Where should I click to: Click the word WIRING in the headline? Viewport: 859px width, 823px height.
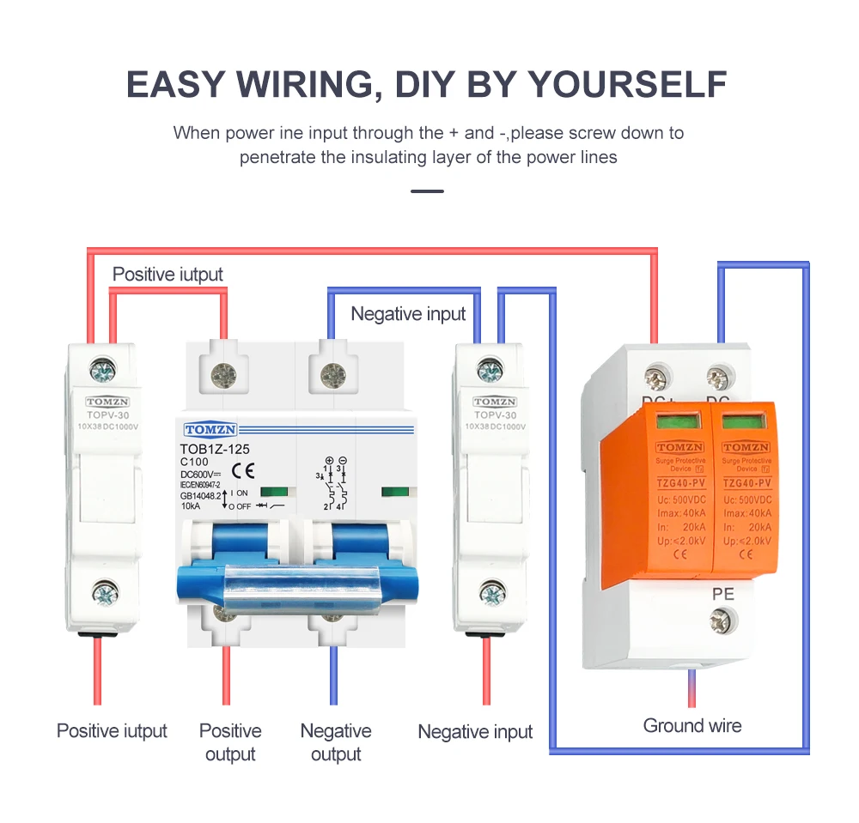(304, 85)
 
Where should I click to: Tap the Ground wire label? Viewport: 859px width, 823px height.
(691, 726)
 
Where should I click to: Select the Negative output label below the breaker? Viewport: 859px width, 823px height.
(336, 742)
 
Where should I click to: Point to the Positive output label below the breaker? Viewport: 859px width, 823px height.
(230, 742)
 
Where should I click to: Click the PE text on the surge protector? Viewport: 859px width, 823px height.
(722, 593)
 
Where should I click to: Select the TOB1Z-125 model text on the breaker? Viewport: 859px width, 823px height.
(215, 447)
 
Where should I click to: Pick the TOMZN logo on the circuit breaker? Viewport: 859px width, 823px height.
(210, 430)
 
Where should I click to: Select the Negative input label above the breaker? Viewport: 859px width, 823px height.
(408, 314)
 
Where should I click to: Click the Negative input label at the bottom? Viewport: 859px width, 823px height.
(475, 732)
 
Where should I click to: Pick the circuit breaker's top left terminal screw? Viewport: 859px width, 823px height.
(225, 373)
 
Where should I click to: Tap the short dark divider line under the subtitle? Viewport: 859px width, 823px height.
(428, 191)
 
